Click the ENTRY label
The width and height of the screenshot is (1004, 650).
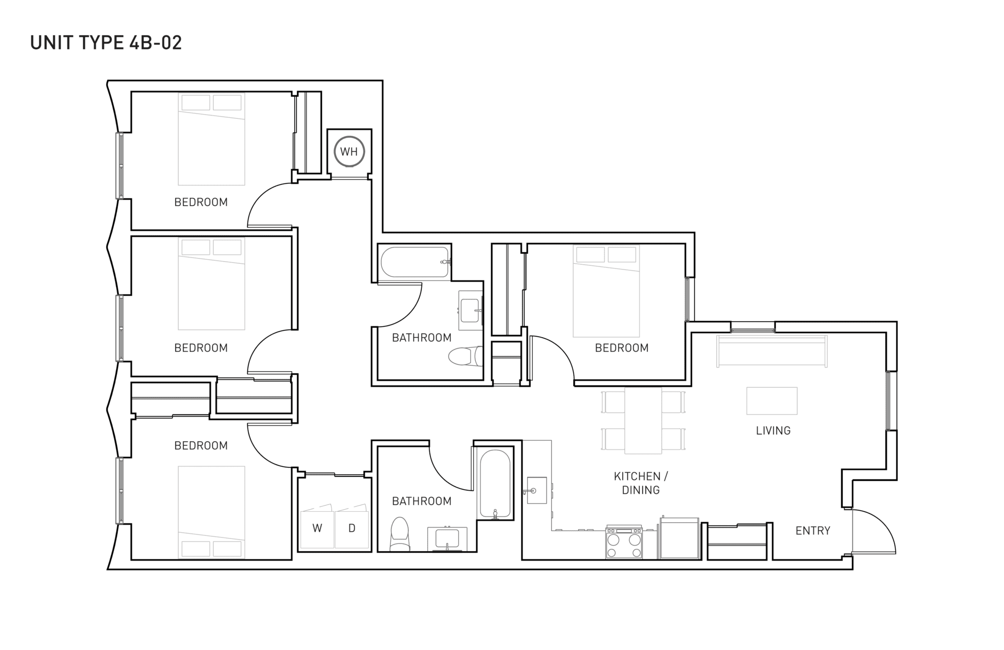point(813,531)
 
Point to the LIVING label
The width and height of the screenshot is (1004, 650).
point(773,431)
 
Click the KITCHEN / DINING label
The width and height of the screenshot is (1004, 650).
point(641,483)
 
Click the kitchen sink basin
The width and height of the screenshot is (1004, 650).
point(537,490)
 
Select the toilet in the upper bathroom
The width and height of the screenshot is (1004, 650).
point(465,356)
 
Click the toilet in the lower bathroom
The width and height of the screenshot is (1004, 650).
point(400,534)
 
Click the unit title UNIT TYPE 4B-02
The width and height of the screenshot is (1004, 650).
point(106,42)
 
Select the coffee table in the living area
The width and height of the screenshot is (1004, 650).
point(772,401)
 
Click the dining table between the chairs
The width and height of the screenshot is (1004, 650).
point(643,420)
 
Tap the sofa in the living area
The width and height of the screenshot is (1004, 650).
point(772,351)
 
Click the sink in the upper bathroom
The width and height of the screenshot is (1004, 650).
point(470,311)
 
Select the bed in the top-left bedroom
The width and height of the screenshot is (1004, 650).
point(211,139)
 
